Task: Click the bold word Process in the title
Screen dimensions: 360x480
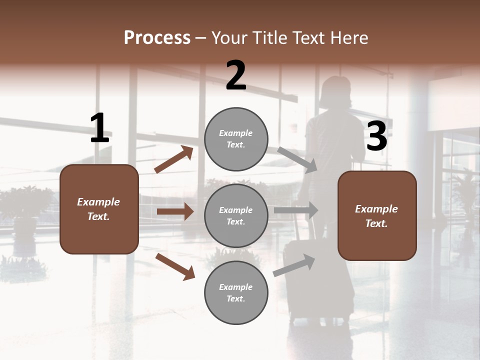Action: click(x=157, y=37)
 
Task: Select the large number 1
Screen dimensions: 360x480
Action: click(x=99, y=128)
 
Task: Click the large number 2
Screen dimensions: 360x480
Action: click(x=236, y=76)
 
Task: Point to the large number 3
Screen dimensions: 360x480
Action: click(x=376, y=136)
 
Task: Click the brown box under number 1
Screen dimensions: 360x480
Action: click(x=99, y=208)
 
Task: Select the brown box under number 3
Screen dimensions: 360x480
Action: click(x=377, y=215)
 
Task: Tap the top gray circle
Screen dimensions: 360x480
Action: click(x=236, y=139)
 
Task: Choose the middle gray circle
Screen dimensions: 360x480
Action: click(x=236, y=215)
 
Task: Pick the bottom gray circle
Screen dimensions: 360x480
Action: click(x=236, y=292)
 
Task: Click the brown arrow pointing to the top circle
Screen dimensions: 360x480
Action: click(x=173, y=159)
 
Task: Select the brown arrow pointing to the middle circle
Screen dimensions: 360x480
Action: click(x=175, y=211)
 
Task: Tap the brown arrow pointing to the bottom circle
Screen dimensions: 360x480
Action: click(x=175, y=266)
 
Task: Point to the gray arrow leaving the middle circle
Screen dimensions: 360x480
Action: click(x=296, y=210)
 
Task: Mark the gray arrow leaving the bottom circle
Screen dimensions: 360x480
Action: click(x=294, y=265)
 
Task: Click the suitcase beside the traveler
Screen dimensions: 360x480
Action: click(x=307, y=280)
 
